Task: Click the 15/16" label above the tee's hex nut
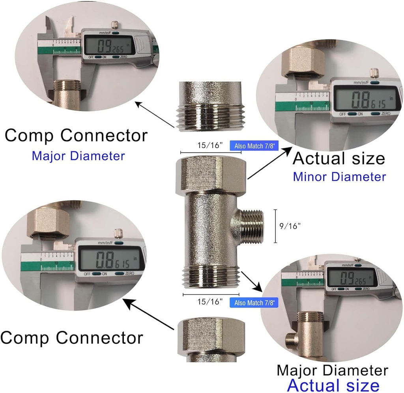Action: [x=209, y=145]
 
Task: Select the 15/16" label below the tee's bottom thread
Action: [x=209, y=302]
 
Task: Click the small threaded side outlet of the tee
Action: [x=252, y=227]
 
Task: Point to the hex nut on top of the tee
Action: [x=211, y=174]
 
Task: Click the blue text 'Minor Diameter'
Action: [x=339, y=176]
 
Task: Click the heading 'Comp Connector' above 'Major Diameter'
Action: [x=76, y=135]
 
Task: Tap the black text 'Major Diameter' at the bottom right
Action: [x=332, y=371]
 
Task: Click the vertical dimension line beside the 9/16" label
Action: [x=276, y=226]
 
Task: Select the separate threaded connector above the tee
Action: [x=209, y=106]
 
